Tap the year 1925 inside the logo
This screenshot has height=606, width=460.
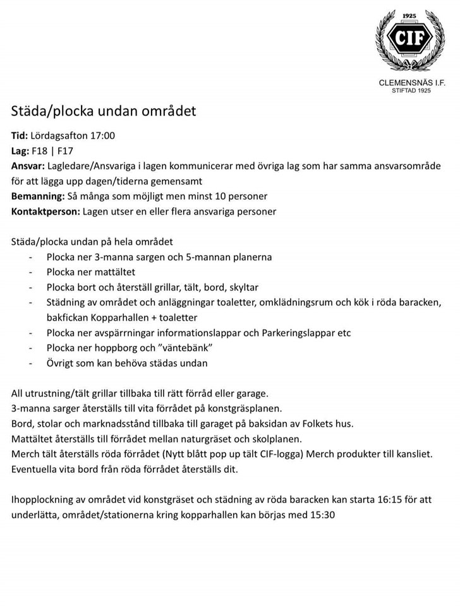tap(410, 15)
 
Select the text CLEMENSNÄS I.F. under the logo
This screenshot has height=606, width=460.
tap(411, 83)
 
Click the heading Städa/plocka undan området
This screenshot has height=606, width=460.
tap(104, 111)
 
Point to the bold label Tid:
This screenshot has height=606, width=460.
tap(20, 136)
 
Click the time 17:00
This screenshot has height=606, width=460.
tap(102, 136)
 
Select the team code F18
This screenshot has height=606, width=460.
tap(40, 151)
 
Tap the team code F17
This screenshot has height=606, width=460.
tap(66, 151)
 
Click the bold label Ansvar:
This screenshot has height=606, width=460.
tap(28, 166)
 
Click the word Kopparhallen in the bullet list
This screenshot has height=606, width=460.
tap(118, 318)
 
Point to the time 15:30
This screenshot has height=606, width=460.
tap(322, 514)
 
